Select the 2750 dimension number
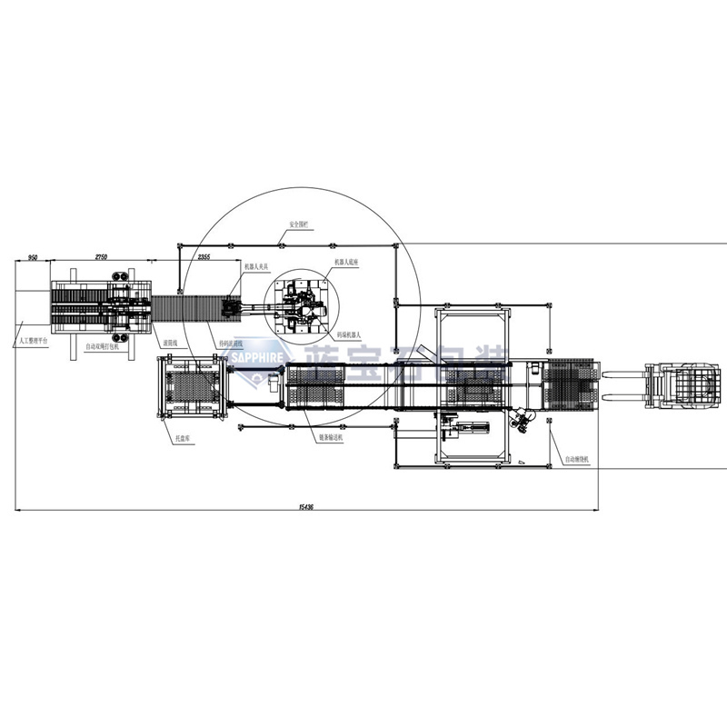click(x=102, y=258)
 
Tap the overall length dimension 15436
click(x=306, y=507)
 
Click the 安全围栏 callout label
click(x=300, y=223)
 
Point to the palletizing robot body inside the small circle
click(x=299, y=304)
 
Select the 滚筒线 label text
click(x=169, y=344)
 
